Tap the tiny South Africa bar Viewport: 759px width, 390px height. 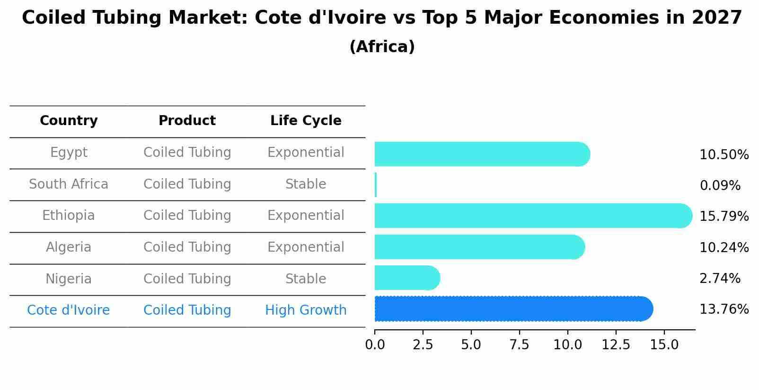(x=376, y=185)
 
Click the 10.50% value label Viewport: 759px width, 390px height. (x=724, y=155)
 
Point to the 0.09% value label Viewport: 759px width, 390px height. (x=720, y=186)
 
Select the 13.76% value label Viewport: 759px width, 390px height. (x=724, y=309)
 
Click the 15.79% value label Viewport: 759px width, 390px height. (x=724, y=217)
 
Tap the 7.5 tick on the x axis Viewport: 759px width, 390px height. (x=519, y=345)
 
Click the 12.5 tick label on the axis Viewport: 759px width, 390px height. (x=616, y=345)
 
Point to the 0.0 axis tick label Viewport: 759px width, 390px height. (x=375, y=345)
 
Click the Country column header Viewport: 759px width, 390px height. (x=69, y=121)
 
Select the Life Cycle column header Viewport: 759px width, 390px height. (x=306, y=121)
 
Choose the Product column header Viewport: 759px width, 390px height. (x=187, y=121)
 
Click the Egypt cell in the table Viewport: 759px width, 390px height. (x=69, y=153)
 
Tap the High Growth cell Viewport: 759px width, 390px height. (x=306, y=310)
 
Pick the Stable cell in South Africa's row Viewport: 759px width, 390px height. (x=306, y=184)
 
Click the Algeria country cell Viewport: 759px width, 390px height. (x=69, y=247)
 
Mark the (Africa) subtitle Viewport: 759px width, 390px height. (x=382, y=47)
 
